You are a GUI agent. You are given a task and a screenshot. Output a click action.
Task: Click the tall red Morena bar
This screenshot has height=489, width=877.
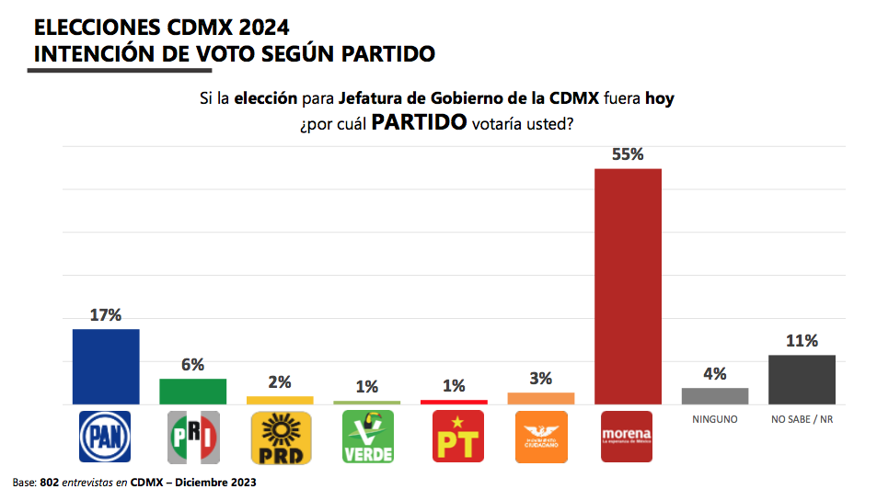click(628, 286)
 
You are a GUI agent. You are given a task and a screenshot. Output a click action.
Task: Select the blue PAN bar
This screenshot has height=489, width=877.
click(106, 366)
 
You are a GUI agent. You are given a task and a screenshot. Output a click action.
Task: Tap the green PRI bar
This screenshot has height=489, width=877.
click(192, 391)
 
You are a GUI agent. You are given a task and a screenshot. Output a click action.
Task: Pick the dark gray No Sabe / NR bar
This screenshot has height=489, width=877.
click(802, 379)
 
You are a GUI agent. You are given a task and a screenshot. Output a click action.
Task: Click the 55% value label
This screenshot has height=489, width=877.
click(628, 154)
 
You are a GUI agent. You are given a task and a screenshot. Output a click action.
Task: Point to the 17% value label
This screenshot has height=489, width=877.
click(106, 315)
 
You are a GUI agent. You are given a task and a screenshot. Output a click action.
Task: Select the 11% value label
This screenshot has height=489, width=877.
click(802, 341)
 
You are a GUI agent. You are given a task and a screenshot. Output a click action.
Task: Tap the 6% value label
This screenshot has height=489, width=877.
click(192, 365)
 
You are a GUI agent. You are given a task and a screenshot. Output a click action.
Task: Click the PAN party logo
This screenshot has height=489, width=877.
click(106, 438)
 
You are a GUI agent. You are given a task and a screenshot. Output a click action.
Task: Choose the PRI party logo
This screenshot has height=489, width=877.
click(192, 438)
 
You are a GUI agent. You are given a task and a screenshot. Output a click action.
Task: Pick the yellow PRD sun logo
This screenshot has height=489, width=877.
click(280, 438)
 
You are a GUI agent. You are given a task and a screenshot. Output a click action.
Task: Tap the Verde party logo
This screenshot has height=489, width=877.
click(367, 438)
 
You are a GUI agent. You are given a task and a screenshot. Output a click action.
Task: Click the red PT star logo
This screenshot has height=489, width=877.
click(454, 438)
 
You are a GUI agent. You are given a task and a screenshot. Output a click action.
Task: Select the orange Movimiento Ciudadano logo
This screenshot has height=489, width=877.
click(541, 436)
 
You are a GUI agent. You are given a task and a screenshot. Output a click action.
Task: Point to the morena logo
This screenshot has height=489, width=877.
click(628, 436)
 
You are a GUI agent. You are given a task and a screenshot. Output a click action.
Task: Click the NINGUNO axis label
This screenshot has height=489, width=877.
click(714, 419)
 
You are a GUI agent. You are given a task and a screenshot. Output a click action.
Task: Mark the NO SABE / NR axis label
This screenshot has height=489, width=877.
click(802, 419)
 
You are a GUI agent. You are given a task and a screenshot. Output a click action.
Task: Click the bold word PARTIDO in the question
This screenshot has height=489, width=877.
click(419, 123)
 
